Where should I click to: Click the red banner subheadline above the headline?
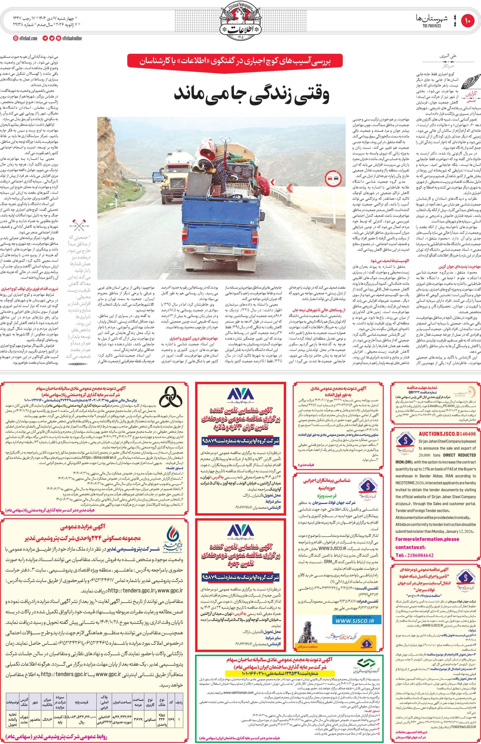239,61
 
